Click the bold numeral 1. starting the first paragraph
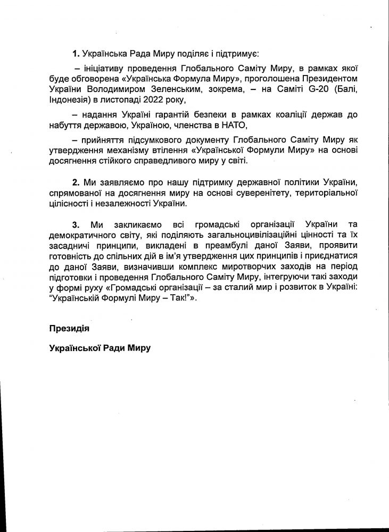(x=77, y=54)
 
